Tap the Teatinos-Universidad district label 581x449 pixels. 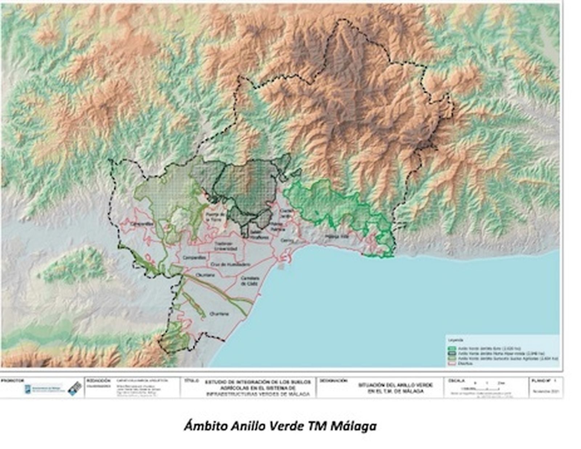[x=226, y=246]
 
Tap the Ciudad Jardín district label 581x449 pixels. [x=286, y=213]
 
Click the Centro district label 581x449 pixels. [x=287, y=240]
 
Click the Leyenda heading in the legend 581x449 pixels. [x=455, y=340]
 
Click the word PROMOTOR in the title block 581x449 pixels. [x=13, y=381]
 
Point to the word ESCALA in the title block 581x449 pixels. [x=456, y=381]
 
